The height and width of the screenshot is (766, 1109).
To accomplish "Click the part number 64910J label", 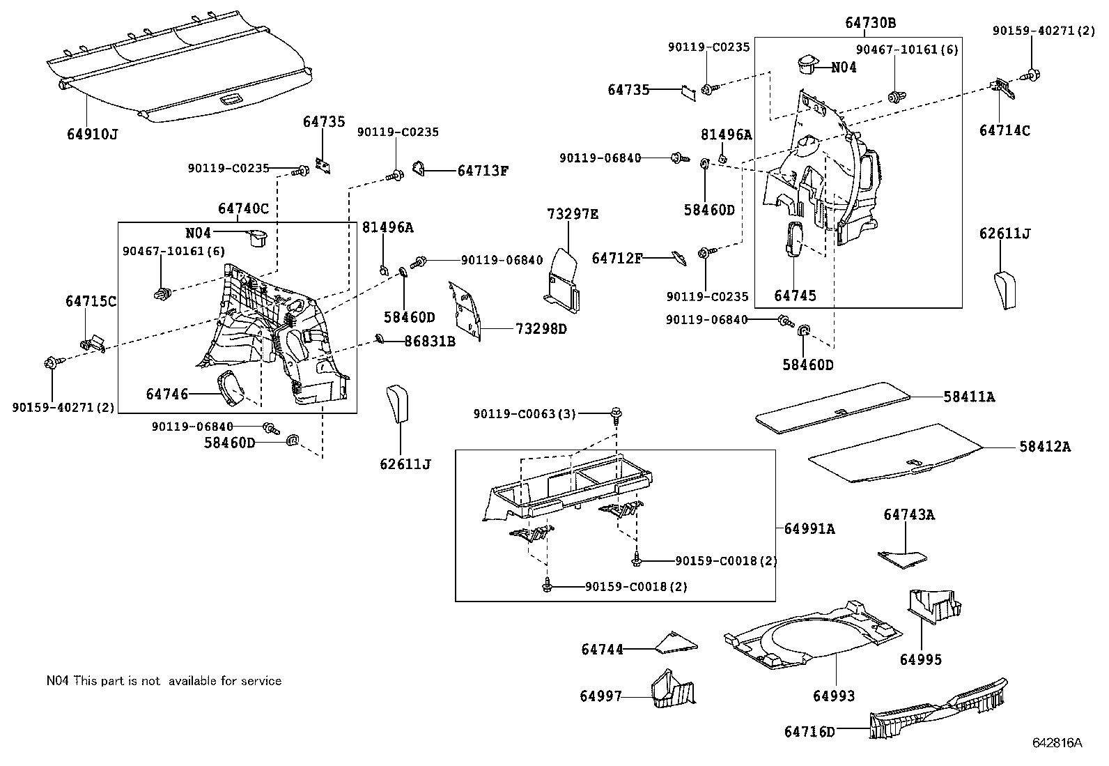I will click(92, 134).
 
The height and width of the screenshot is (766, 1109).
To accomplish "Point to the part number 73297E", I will click(573, 214).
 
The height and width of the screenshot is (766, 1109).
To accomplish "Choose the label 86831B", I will click(430, 342).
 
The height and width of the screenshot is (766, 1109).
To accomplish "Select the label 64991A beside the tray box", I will click(809, 528).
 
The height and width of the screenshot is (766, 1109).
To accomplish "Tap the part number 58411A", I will click(969, 397).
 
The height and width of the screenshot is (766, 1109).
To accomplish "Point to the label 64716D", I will click(809, 732).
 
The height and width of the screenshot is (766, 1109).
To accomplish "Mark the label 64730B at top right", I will click(871, 23).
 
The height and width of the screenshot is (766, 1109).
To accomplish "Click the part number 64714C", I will click(1004, 130).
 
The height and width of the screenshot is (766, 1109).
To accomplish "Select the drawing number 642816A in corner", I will click(1057, 743).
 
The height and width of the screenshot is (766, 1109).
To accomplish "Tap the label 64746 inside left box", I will click(167, 394).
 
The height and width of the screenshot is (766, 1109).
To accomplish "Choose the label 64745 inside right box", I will click(795, 296).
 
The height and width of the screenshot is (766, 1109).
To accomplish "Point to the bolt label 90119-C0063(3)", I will click(525, 414).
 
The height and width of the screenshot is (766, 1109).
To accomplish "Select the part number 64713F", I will click(483, 171).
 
